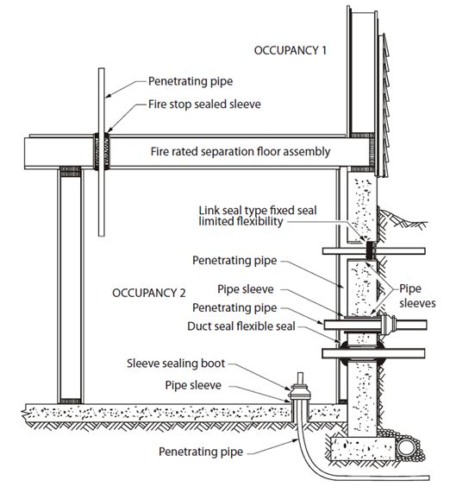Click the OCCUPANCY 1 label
(x=291, y=50)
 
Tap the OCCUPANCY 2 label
(x=149, y=292)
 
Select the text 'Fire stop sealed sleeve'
(x=196, y=105)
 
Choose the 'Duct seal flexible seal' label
(x=241, y=326)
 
